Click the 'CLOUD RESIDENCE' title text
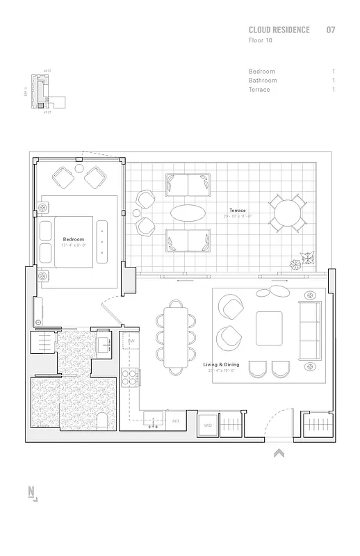(279, 31)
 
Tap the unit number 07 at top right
(331, 31)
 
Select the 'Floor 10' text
(261, 41)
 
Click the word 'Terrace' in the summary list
(259, 90)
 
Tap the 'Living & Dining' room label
(221, 364)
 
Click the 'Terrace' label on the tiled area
(237, 211)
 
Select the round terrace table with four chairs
(288, 213)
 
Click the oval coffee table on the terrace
(188, 213)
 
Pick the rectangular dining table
(175, 332)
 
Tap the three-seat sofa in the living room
(309, 331)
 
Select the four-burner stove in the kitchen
(129, 377)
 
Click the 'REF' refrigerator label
(176, 421)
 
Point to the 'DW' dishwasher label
(131, 341)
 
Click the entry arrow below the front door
(279, 454)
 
